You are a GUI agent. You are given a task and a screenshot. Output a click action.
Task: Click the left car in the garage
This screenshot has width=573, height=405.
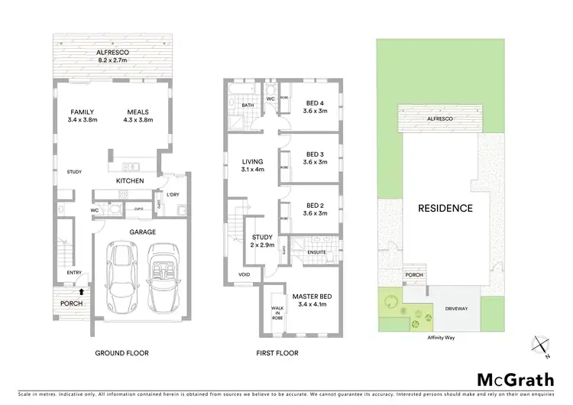click(120, 277)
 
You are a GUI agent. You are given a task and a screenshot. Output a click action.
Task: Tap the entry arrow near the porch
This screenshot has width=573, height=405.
click(80, 290)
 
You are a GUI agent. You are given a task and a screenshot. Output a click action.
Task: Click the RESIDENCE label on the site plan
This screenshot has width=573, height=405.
click(445, 208)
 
